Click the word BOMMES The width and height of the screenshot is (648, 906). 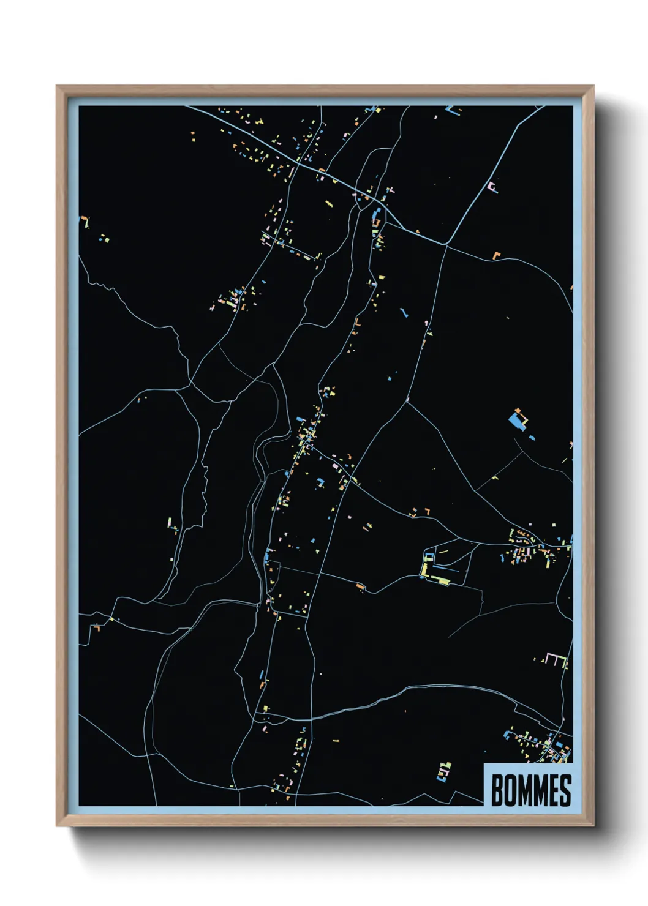click(x=530, y=790)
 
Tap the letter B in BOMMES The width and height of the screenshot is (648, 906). click(x=497, y=790)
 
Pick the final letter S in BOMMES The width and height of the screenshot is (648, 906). click(x=565, y=790)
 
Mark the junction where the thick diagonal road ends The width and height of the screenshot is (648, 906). click(x=446, y=244)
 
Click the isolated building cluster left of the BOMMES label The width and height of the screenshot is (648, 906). click(x=443, y=772)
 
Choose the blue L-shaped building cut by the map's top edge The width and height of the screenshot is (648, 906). click(x=453, y=111)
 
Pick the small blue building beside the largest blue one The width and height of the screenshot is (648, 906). click(x=531, y=437)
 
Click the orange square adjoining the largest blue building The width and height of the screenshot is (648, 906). click(x=518, y=411)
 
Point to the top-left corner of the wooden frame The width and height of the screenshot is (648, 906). click(x=57, y=86)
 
